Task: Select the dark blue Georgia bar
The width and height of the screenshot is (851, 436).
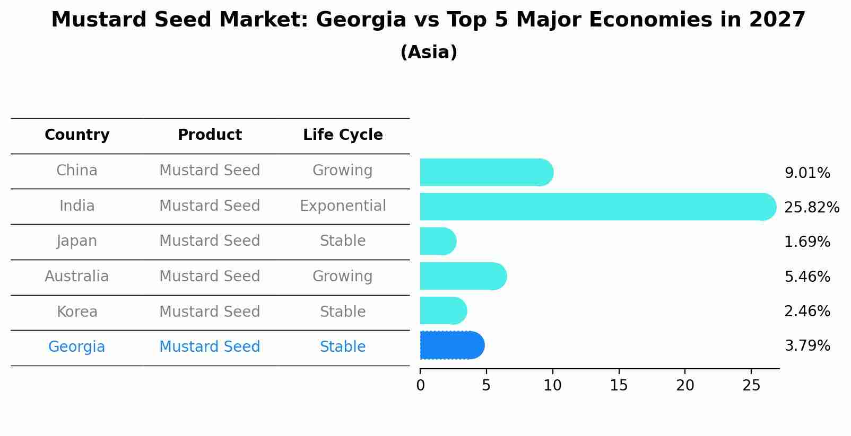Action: (x=451, y=345)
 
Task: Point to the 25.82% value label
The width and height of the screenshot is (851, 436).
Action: (x=811, y=207)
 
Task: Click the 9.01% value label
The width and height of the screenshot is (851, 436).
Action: (x=807, y=173)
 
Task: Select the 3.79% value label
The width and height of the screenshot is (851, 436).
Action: (x=807, y=346)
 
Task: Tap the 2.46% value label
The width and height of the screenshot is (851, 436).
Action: (x=807, y=311)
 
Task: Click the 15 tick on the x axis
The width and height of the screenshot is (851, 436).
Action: (x=619, y=386)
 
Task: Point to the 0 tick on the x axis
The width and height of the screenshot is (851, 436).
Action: (x=420, y=386)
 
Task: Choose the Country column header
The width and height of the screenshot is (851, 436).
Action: (x=77, y=135)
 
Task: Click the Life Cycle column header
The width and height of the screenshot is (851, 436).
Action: (x=343, y=135)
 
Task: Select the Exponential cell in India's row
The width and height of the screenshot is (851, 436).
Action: (x=343, y=206)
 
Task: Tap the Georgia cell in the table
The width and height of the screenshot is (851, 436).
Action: (x=77, y=346)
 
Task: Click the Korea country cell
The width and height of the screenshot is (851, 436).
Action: (x=77, y=312)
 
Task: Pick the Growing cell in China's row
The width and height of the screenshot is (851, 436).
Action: (x=343, y=170)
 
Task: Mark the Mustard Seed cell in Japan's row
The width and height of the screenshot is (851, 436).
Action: (x=210, y=241)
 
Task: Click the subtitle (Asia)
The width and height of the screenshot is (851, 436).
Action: (x=429, y=52)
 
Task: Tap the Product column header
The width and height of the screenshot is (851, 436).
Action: (x=210, y=135)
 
